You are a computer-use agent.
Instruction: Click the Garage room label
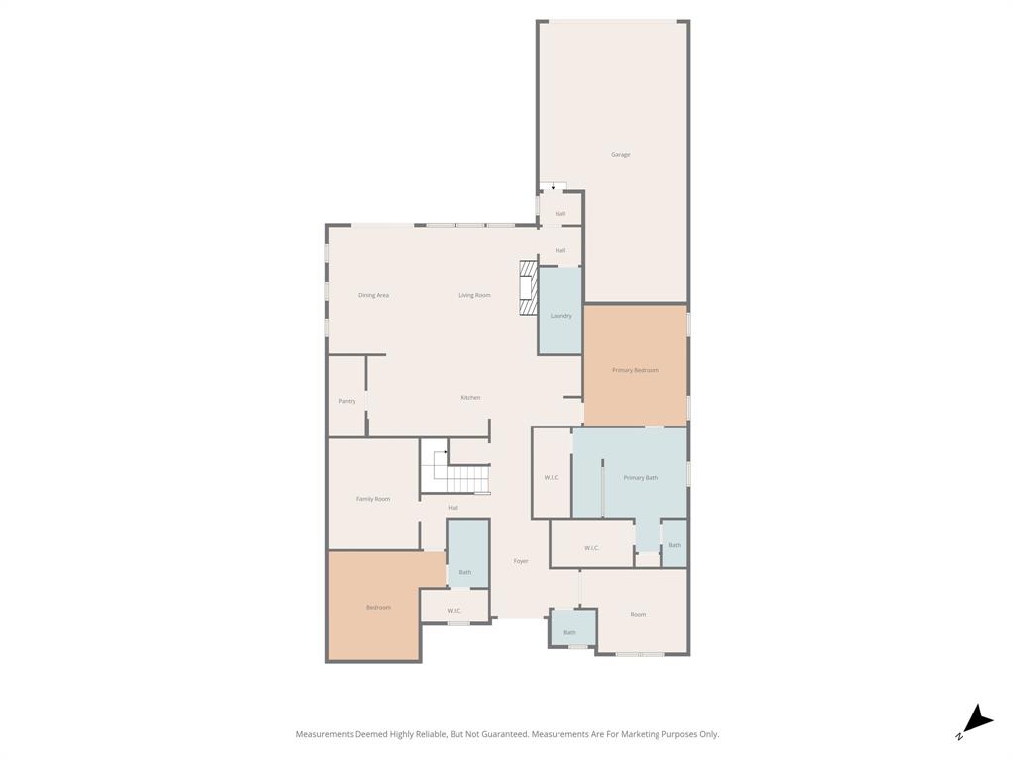tap(620, 155)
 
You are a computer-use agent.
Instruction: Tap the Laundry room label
tap(560, 316)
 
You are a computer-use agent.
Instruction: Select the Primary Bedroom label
tap(635, 370)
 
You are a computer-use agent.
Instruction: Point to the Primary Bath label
tap(640, 478)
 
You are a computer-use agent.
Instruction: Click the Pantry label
tap(347, 401)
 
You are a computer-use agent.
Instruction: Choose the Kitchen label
tap(470, 398)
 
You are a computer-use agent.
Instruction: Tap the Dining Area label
tap(373, 295)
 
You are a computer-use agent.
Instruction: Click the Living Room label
tap(474, 295)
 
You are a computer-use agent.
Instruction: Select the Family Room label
tap(373, 499)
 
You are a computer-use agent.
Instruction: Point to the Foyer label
tap(521, 561)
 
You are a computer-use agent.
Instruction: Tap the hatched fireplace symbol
tap(529, 288)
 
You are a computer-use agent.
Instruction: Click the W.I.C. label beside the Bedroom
tap(455, 611)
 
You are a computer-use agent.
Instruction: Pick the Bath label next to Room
tap(569, 632)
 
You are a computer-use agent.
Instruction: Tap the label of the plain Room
tap(638, 614)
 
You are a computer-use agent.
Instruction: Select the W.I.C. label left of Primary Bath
tap(552, 478)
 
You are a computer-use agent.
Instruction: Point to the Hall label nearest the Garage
tap(560, 214)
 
